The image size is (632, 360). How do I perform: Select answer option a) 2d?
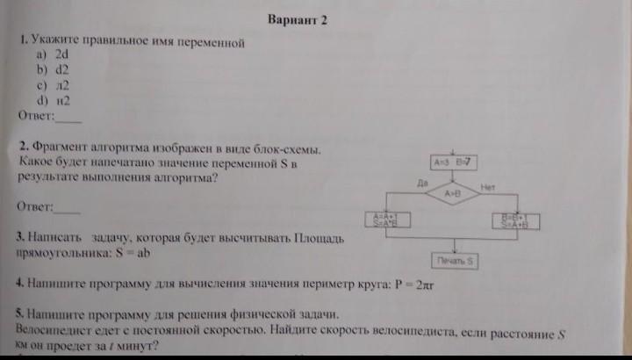[x=52, y=54]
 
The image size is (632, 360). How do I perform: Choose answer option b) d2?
[x=52, y=68]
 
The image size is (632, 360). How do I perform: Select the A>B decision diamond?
[x=453, y=192]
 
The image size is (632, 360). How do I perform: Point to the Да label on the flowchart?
[x=422, y=182]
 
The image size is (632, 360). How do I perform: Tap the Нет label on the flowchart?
[x=487, y=187]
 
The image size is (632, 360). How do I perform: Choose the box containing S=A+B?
[x=513, y=220]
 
